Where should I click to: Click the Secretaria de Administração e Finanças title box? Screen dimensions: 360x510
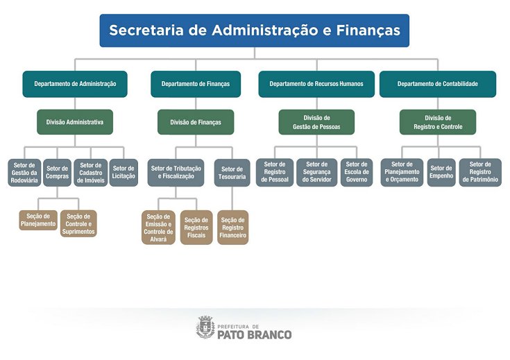[254, 31]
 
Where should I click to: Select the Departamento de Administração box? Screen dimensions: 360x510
[75, 84]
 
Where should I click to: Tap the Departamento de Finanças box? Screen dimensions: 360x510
[196, 84]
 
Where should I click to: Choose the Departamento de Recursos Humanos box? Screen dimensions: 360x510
[316, 84]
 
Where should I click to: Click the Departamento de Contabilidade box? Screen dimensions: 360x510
[437, 84]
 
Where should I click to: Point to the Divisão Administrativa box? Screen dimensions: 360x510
[75, 122]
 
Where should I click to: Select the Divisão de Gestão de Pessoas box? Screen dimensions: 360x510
[316, 122]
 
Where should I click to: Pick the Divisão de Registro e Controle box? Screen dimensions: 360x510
[438, 122]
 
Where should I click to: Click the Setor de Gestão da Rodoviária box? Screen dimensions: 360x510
[24, 173]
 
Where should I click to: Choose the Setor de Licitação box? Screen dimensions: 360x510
[124, 173]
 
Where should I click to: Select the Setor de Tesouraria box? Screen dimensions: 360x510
[232, 173]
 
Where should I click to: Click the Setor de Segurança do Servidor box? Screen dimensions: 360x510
[317, 173]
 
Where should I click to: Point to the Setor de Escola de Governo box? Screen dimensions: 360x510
[357, 173]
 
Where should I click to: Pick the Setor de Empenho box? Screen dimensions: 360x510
[441, 171]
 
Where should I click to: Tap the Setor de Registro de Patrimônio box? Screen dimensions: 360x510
[480, 173]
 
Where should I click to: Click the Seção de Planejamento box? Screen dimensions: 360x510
[38, 220]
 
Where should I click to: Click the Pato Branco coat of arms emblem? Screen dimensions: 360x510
[205, 327]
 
